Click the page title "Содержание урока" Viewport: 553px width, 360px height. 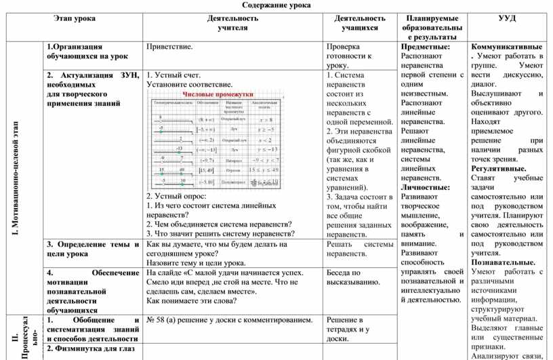[276, 5]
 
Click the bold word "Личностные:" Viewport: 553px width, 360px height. [426, 187]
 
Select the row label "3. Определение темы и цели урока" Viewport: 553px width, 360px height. [91, 249]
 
